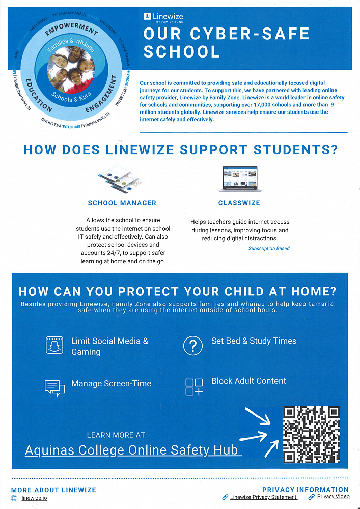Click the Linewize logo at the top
pos(163,18)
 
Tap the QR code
pos(312,434)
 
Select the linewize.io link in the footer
pos(34,498)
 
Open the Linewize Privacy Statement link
pos(263,497)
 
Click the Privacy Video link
pos(333,497)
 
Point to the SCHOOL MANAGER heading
pos(122,203)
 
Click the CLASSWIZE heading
pos(239,203)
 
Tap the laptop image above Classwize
pos(240,179)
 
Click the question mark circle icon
pos(192,346)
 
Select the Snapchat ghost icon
pos(54,346)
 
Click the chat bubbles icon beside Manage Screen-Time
pos(55,388)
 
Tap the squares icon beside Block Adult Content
pos(194,387)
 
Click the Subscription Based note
pos(269,249)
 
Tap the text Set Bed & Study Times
pos(254,341)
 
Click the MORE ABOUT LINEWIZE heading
pos(53,490)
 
